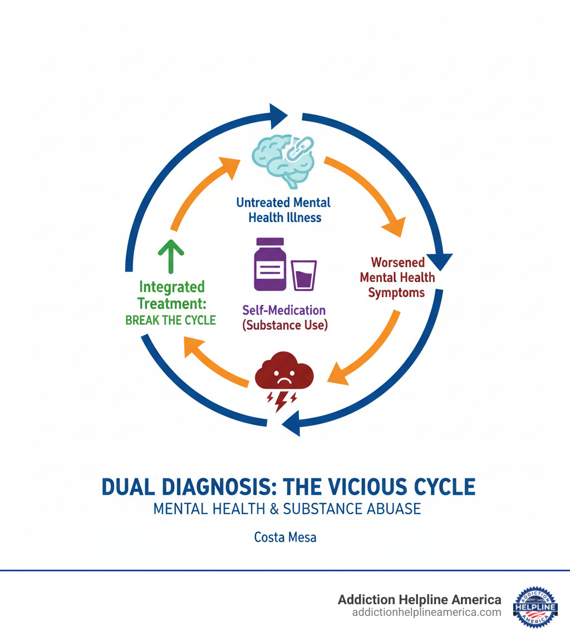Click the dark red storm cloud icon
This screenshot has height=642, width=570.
pyautogui.click(x=284, y=372)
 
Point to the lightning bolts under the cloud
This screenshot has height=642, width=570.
pyautogui.click(x=283, y=399)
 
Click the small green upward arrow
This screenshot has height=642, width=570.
pyautogui.click(x=171, y=255)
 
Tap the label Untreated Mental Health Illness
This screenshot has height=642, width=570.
pyautogui.click(x=284, y=210)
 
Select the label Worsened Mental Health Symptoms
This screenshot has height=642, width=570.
pyautogui.click(x=397, y=277)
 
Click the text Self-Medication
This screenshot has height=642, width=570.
pyautogui.click(x=284, y=310)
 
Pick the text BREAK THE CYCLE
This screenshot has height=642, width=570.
pyautogui.click(x=171, y=320)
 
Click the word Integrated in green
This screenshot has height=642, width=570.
pyautogui.click(x=171, y=287)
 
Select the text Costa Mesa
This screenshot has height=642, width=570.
pyautogui.click(x=285, y=537)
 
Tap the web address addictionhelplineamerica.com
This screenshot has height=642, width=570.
pyautogui.click(x=426, y=612)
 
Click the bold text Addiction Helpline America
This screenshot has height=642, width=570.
pyautogui.click(x=420, y=600)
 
